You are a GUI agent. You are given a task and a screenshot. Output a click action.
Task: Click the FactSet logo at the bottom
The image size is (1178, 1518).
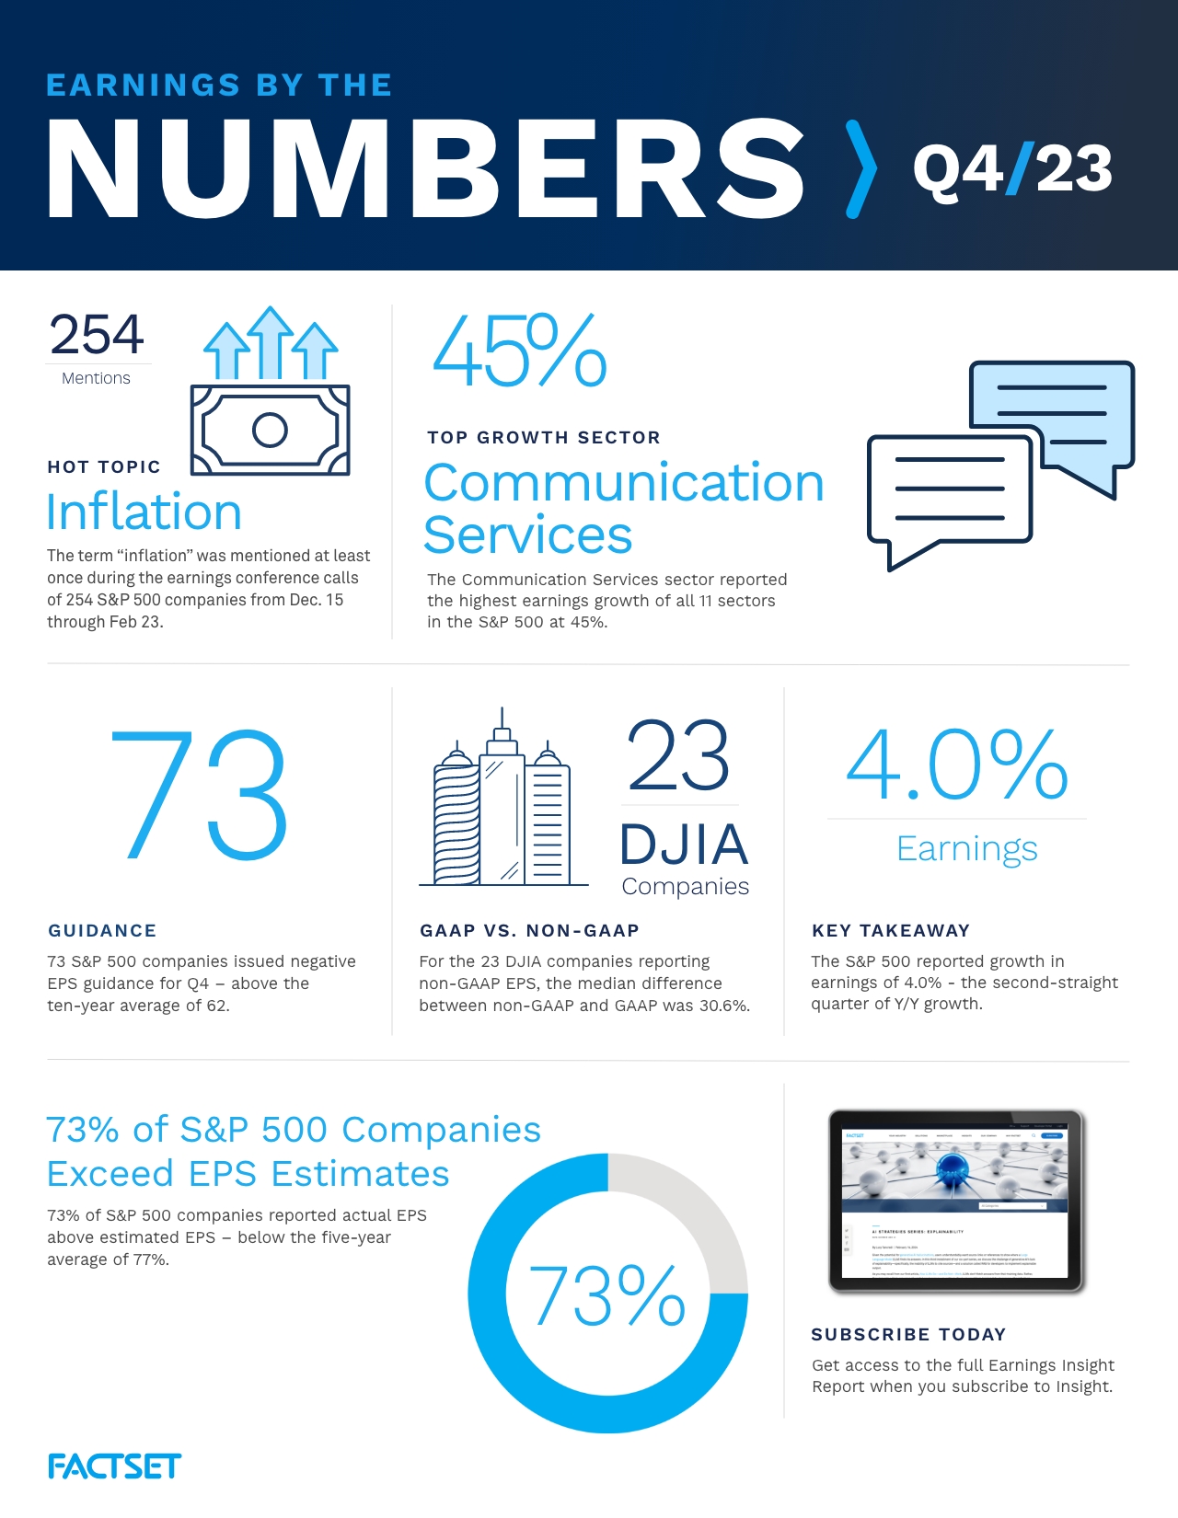tap(114, 1466)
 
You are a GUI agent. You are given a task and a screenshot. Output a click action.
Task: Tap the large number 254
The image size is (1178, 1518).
tap(97, 335)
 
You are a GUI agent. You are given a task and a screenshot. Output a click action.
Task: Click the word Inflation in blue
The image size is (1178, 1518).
tap(144, 512)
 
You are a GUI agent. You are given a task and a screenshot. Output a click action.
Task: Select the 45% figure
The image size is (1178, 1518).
tap(519, 351)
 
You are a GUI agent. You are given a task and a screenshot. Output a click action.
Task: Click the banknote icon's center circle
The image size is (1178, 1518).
tap(270, 430)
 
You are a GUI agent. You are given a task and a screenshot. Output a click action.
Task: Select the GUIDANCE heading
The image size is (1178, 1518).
tap(102, 930)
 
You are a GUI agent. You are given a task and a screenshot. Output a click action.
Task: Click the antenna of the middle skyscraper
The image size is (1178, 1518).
tap(502, 718)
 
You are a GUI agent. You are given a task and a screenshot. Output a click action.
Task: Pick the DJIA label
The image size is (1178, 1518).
tap(684, 845)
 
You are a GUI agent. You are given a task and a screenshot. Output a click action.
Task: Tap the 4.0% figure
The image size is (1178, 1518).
tap(957, 765)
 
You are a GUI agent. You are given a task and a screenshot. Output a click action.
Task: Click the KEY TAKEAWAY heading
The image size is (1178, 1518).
tap(891, 930)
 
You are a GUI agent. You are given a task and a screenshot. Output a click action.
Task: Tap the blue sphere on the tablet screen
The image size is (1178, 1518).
tap(953, 1170)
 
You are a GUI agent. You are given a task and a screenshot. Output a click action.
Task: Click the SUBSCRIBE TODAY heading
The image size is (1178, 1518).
tap(908, 1334)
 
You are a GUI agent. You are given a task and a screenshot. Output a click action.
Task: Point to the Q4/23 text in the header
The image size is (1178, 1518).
tap(1012, 169)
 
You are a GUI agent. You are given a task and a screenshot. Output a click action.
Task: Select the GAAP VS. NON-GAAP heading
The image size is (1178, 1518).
tap(529, 930)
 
